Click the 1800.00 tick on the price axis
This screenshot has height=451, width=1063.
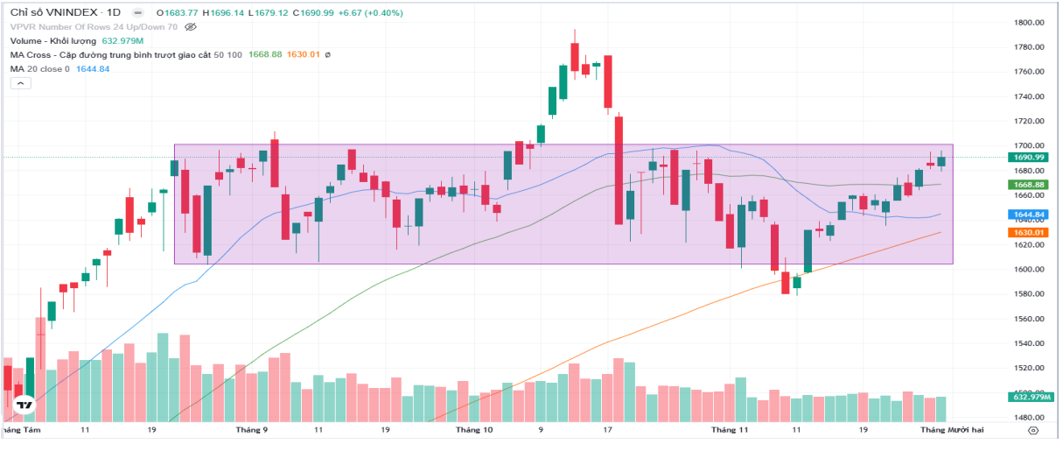pyautogui.click(x=1028, y=23)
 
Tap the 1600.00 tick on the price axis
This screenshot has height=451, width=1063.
pyautogui.click(x=1028, y=269)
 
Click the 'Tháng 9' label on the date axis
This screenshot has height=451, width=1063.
pyautogui.click(x=252, y=431)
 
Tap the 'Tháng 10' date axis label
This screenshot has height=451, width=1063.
pyautogui.click(x=475, y=431)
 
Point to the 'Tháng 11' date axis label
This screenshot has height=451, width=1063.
pyautogui.click(x=731, y=431)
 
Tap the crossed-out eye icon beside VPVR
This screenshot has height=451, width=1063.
pyautogui.click(x=191, y=27)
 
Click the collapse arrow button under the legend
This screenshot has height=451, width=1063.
pyautogui.click(x=21, y=83)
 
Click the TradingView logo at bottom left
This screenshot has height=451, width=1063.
pyautogui.click(x=24, y=405)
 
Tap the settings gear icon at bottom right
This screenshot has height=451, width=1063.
pyautogui.click(x=1033, y=431)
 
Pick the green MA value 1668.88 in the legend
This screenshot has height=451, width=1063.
pyautogui.click(x=265, y=55)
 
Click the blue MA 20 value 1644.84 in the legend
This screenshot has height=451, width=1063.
pyautogui.click(x=93, y=69)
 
